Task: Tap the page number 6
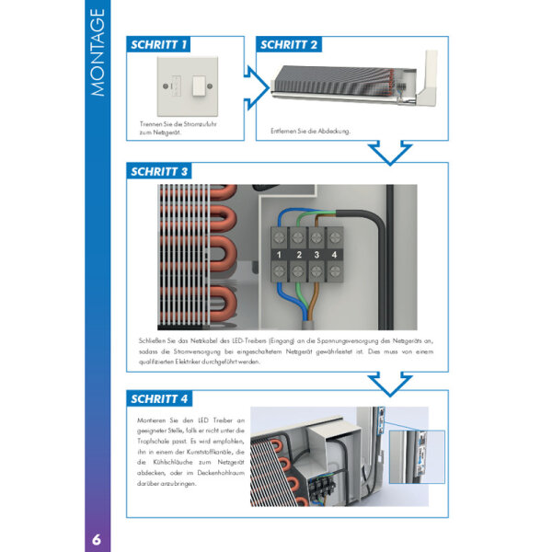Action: [97, 535]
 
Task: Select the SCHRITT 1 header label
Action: [159, 44]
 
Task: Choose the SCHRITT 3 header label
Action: [160, 171]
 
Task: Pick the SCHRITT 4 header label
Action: [160, 398]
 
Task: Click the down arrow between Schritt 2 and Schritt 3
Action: [389, 153]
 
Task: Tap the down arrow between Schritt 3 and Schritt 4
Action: [389, 380]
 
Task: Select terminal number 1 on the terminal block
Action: [277, 254]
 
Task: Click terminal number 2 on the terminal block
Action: [297, 254]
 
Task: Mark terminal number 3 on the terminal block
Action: [317, 254]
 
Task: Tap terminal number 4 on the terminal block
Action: [337, 254]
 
